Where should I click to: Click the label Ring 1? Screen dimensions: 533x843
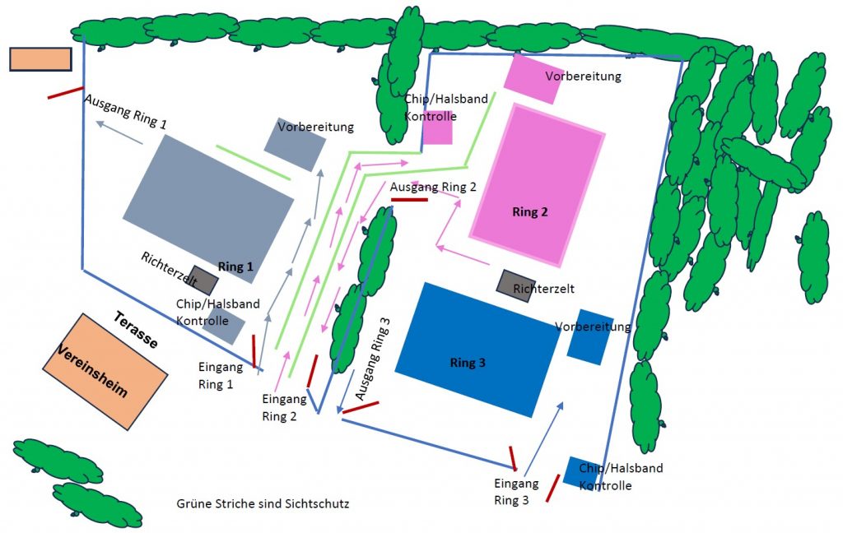pos(235,266)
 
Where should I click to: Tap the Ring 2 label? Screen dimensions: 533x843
pos(530,211)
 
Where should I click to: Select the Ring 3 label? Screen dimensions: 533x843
pos(468,363)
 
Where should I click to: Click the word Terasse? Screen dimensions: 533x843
pos(136,330)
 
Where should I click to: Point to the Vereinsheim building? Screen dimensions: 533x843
pos(105,372)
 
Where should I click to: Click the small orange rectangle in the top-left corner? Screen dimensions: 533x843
pos(40,59)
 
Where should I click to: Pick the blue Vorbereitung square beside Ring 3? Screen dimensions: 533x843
pos(589,336)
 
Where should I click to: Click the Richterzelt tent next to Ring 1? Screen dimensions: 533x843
pos(203,280)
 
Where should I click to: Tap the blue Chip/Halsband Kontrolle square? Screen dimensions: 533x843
pos(580,471)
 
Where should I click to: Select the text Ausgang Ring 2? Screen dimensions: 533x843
pos(433,187)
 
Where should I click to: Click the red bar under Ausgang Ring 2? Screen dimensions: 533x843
pos(409,199)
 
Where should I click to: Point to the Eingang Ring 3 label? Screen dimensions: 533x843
pos(516,491)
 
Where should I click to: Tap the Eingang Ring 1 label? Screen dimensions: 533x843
pos(216,375)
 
